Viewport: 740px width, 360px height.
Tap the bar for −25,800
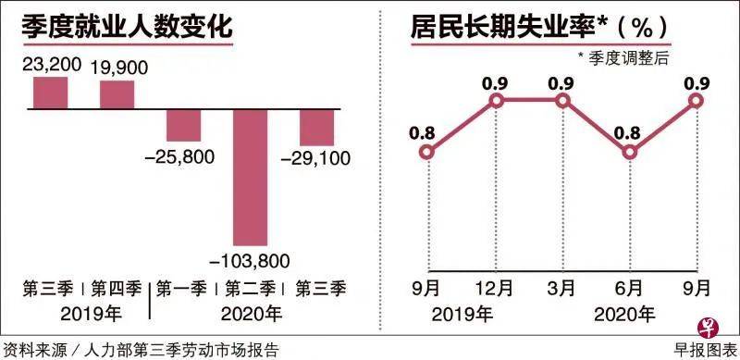point(184,126)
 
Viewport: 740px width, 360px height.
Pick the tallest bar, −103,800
point(251,176)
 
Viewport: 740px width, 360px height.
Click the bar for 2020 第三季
point(316,128)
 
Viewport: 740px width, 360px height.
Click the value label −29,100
point(317,158)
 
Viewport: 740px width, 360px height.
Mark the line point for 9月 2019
point(428,154)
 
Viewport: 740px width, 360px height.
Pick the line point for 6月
point(630,154)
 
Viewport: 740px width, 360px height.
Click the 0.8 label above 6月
point(630,131)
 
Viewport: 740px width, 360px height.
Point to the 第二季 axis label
point(251,288)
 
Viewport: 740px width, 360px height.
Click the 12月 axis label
point(495,288)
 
